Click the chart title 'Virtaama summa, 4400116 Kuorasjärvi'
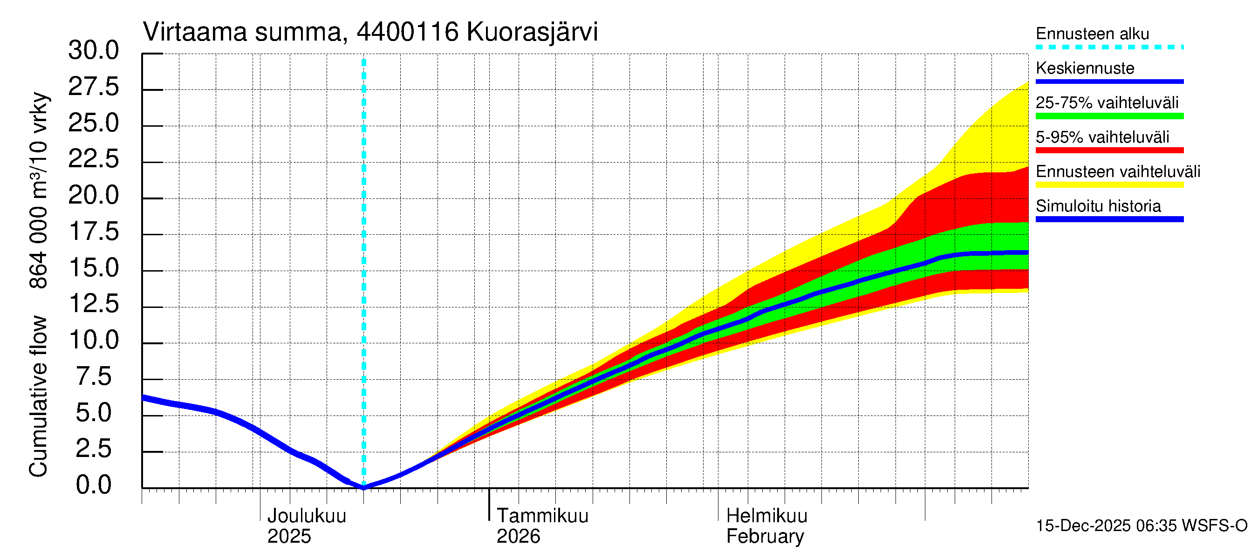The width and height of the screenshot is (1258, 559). tap(370, 32)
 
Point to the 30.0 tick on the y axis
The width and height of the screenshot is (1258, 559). tap(93, 51)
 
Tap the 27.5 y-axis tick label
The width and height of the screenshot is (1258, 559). tap(93, 87)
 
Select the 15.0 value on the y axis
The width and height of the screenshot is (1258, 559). tap(93, 268)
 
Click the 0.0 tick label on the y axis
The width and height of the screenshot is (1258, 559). tap(93, 485)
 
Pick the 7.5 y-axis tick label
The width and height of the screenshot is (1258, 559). tap(93, 377)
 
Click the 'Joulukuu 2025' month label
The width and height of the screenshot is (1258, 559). tap(306, 526)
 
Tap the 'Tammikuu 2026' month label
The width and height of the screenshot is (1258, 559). tap(542, 526)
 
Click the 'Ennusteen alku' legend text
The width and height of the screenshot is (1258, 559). tap(1092, 34)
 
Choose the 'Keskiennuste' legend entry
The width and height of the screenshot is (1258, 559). tap(1085, 68)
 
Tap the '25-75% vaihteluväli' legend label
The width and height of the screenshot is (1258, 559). tap(1107, 103)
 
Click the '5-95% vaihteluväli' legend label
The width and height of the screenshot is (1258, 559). tap(1102, 137)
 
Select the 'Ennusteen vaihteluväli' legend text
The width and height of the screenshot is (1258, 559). tap(1117, 172)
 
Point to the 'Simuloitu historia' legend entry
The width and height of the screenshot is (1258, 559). tap(1098, 206)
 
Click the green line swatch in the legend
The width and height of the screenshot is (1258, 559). tap(1109, 116)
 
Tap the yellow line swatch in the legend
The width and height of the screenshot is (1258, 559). tap(1109, 185)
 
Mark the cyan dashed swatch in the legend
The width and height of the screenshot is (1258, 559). tap(1109, 48)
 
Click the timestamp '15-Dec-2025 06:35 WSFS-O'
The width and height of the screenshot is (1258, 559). tap(1141, 526)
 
